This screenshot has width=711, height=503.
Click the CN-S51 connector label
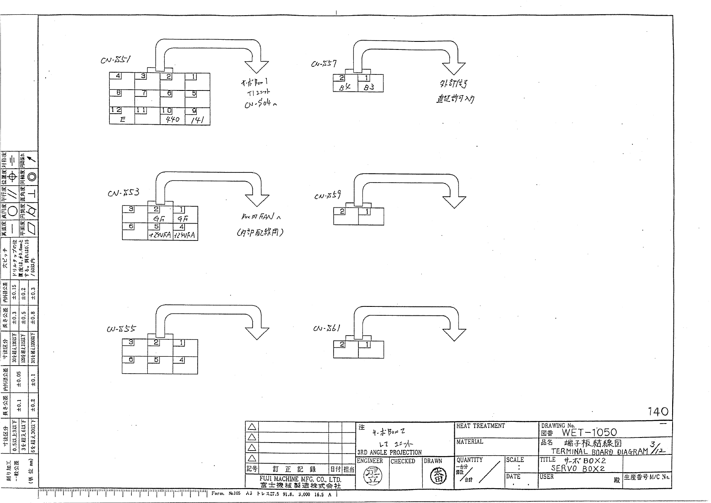[115, 60]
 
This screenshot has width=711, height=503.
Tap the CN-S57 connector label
[323, 64]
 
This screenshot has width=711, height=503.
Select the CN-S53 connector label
[123, 193]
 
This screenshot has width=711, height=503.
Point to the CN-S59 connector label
[327, 196]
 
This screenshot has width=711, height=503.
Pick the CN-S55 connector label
[121, 328]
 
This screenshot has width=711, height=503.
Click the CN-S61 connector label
[327, 328]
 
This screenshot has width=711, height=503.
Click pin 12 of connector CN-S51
[116, 110]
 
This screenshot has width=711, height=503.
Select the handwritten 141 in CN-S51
[197, 120]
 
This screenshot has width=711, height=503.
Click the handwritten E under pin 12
[122, 120]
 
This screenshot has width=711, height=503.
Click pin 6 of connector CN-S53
[131, 226]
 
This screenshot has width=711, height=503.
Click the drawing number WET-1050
[589, 432]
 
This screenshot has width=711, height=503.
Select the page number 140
[658, 411]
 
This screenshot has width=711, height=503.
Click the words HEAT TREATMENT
[480, 426]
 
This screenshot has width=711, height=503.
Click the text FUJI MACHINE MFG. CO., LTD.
[300, 479]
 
